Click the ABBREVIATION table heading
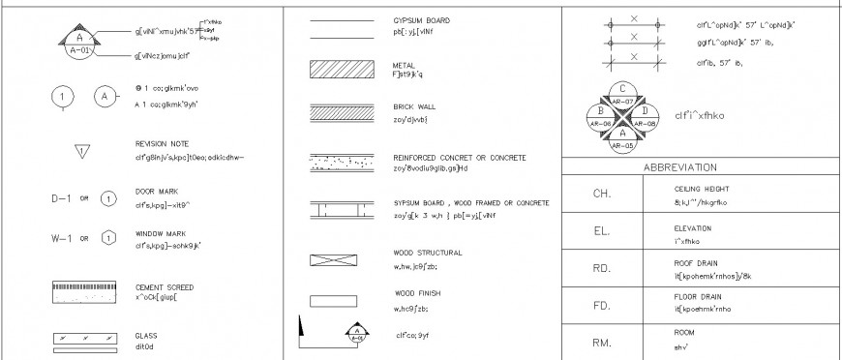[x=679, y=166]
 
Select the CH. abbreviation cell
[x=601, y=194]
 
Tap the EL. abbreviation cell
[x=601, y=231]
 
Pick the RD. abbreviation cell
[x=601, y=268]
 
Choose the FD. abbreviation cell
[x=601, y=306]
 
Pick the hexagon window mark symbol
[x=108, y=238]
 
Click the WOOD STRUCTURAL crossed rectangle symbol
[x=327, y=260]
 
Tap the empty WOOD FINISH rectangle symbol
[x=327, y=300]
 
